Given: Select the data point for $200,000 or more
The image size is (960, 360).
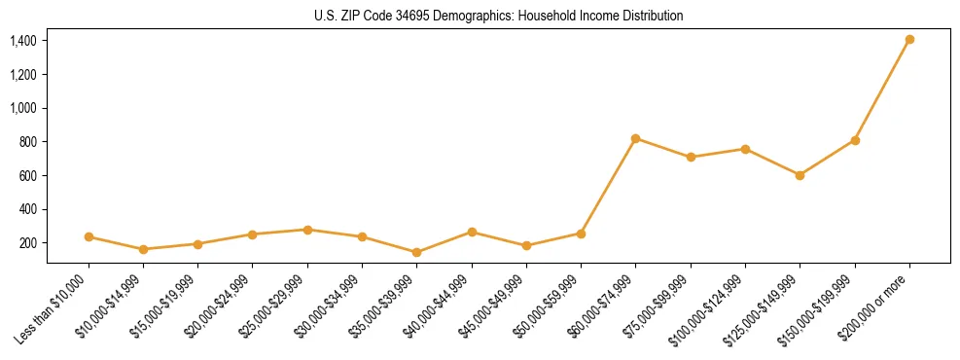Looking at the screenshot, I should pyautogui.click(x=909, y=40).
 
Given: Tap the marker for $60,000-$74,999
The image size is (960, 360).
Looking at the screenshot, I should pyautogui.click(x=636, y=138).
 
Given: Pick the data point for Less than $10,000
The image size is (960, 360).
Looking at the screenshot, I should pyautogui.click(x=89, y=236).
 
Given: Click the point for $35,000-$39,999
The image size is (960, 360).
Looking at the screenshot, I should pyautogui.click(x=417, y=252).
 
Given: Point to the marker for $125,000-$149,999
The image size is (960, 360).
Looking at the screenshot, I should pyautogui.click(x=800, y=175).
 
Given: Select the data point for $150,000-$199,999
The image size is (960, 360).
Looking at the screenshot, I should pyautogui.click(x=855, y=140).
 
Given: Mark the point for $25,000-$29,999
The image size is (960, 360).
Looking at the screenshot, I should pyautogui.click(x=307, y=230).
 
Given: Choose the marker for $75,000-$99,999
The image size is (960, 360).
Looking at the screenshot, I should pyautogui.click(x=691, y=157).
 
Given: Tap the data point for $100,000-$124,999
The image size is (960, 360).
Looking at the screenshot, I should pyautogui.click(x=745, y=149).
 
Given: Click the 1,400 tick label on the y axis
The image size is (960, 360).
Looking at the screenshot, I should pyautogui.click(x=23, y=41).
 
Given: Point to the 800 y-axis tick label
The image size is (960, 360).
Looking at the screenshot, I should pyautogui.click(x=28, y=142).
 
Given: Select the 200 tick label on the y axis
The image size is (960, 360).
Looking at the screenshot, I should pyautogui.click(x=28, y=243).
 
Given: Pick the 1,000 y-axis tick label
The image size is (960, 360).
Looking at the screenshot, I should pyautogui.click(x=23, y=108).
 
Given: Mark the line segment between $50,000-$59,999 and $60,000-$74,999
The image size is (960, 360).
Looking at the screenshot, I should pyautogui.click(x=609, y=186).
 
